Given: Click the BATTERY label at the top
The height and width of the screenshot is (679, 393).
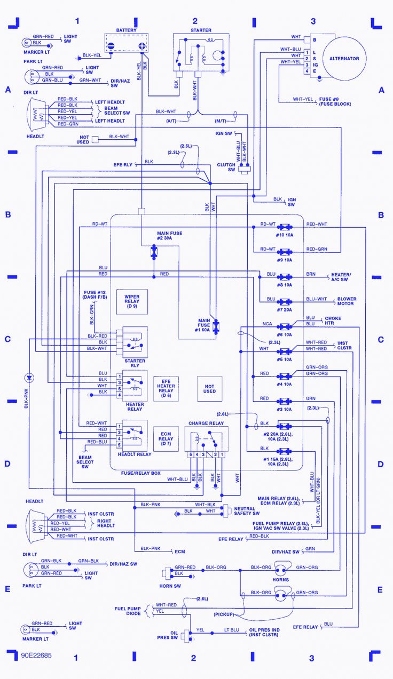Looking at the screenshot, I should (126, 30).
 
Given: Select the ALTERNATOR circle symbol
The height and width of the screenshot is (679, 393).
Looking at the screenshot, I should (344, 58).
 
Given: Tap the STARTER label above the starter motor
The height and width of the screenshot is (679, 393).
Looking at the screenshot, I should (200, 30).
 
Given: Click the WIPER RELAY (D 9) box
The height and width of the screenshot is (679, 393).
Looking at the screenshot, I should (132, 301).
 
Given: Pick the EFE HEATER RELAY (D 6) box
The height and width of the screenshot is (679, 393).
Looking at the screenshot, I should (166, 388).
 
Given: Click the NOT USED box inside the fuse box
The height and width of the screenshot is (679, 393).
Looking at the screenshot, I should (209, 388).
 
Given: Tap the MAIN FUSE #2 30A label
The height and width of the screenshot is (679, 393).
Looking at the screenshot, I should (169, 236).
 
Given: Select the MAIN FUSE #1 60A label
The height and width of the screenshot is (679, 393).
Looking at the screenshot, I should (205, 323).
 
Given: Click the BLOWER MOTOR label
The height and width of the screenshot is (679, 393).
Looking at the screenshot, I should (345, 301).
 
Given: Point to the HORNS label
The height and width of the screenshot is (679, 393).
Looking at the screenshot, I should (280, 580).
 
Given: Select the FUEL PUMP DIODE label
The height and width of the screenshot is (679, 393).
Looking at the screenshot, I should (127, 611).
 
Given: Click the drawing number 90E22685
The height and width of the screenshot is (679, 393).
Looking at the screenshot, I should (37, 654).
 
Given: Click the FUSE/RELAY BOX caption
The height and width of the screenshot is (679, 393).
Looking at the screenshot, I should (140, 473).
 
